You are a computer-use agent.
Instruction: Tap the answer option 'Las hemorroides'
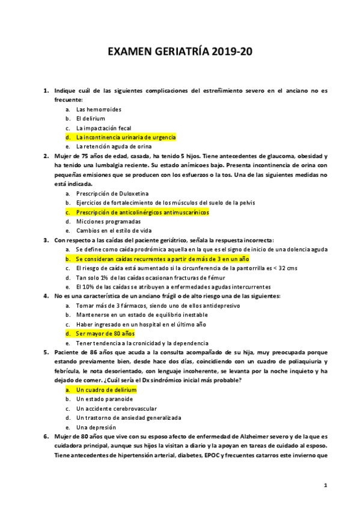click(x=99, y=109)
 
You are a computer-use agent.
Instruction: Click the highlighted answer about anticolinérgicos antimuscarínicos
click(x=142, y=212)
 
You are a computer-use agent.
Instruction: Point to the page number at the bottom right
click(x=325, y=484)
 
